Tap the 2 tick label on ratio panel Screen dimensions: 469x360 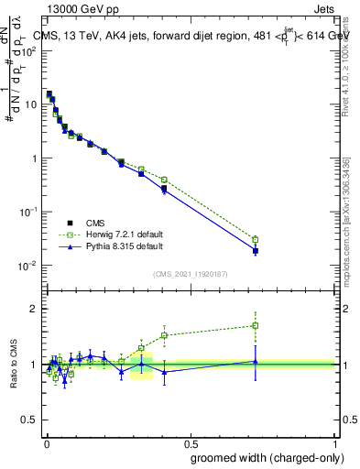35,309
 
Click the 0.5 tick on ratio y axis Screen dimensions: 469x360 30,421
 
